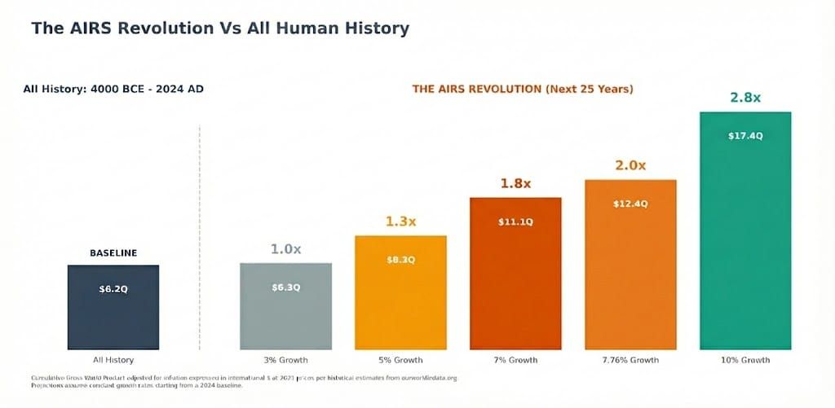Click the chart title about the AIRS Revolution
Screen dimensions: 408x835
(x=220, y=29)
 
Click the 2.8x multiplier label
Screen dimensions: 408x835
(x=745, y=98)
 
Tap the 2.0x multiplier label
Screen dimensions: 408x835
(x=630, y=165)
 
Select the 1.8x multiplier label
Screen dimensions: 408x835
(x=515, y=184)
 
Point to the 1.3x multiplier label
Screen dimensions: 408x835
(x=400, y=222)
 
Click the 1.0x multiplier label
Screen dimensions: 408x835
(x=285, y=249)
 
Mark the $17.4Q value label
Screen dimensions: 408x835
(x=745, y=136)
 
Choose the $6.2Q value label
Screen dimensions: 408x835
(x=113, y=289)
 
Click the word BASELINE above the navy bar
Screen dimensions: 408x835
(x=113, y=253)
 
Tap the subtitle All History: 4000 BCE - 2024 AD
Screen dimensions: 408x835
(x=113, y=89)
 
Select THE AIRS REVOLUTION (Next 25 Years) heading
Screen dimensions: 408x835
(x=523, y=89)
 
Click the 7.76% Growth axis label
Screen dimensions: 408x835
(x=630, y=360)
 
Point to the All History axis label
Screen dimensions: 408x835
(x=113, y=360)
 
